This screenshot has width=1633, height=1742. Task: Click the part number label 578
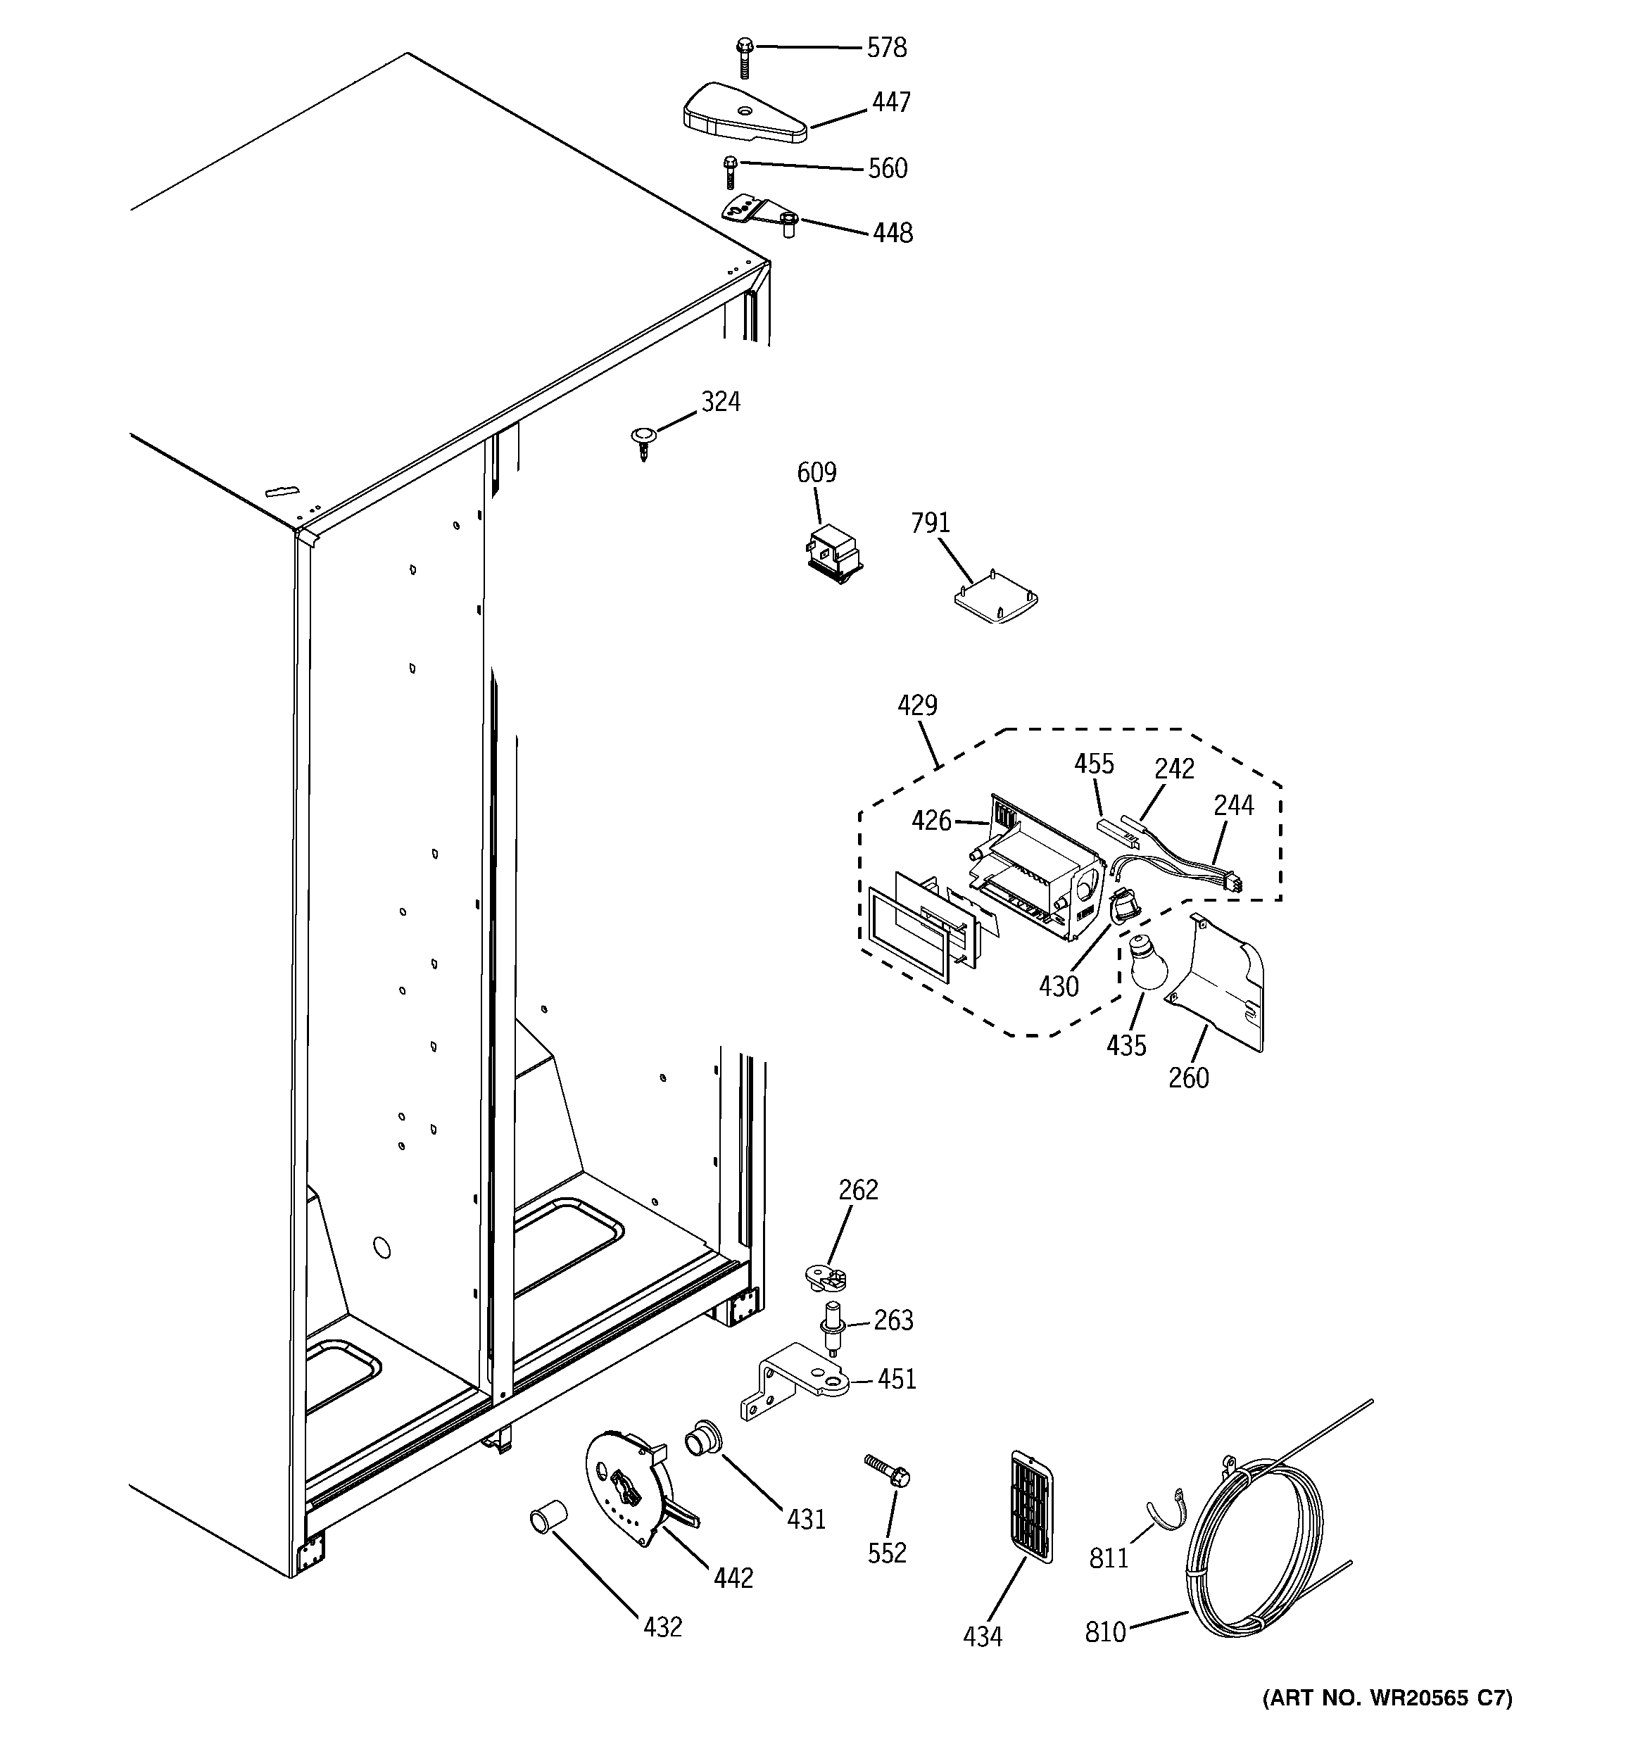tap(886, 47)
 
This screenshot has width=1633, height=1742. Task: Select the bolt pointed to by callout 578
tap(744, 57)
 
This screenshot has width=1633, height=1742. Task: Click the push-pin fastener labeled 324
tap(643, 441)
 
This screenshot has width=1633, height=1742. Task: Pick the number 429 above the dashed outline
tap(917, 705)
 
